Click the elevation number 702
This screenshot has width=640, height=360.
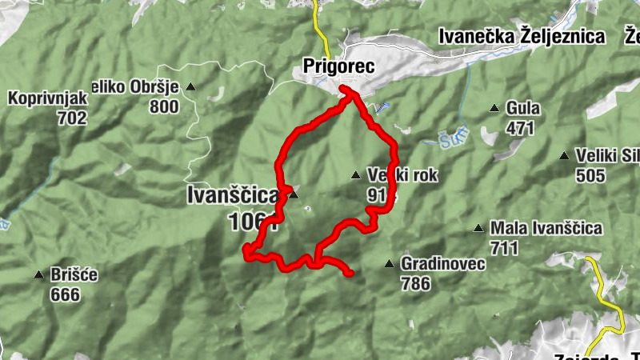(x=71, y=118)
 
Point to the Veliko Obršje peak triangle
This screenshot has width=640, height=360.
(x=190, y=86)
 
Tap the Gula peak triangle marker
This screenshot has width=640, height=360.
(x=495, y=108)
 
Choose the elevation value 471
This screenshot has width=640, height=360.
(x=521, y=128)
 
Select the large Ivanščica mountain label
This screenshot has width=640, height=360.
(x=233, y=194)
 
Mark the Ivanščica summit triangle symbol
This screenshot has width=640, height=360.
(x=293, y=194)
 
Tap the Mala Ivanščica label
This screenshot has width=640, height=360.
(x=546, y=229)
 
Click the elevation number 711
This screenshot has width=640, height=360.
(x=505, y=248)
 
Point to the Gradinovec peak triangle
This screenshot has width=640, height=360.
(x=389, y=264)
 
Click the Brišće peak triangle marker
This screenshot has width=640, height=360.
(x=38, y=276)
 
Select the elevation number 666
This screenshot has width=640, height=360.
(x=65, y=295)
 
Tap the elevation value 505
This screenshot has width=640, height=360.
(x=590, y=176)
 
